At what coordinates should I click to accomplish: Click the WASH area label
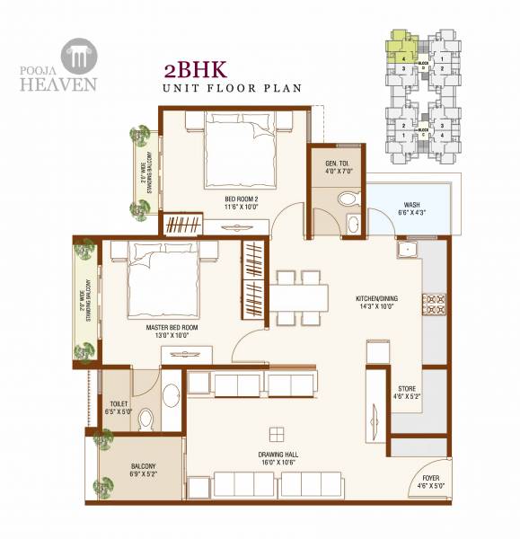[x=411, y=208]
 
